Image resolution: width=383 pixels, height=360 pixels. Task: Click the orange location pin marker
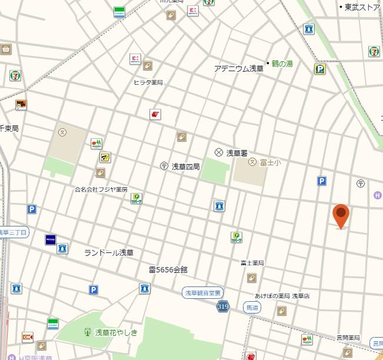(341, 215)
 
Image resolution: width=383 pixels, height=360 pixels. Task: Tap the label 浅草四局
(185, 166)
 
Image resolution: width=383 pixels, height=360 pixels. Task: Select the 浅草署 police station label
(237, 152)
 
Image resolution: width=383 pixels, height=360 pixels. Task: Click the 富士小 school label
(270, 162)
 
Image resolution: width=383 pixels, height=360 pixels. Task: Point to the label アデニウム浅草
(238, 68)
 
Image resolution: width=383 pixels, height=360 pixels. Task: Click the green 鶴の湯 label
(282, 64)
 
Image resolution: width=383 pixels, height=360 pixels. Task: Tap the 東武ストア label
(362, 7)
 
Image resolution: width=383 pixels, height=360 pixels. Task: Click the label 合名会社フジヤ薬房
(101, 189)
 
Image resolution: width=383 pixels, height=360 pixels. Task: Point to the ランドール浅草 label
(109, 252)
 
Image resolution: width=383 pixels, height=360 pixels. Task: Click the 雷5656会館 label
(168, 269)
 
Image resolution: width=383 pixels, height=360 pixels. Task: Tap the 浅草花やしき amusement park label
(116, 332)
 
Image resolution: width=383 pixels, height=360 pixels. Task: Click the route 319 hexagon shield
(222, 306)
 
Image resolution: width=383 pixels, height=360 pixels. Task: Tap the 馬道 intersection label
(252, 307)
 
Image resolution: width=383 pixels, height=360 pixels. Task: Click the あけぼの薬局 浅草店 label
(282, 296)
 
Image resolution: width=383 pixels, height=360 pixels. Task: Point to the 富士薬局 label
(252, 263)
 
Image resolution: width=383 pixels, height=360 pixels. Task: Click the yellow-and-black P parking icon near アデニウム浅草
(320, 69)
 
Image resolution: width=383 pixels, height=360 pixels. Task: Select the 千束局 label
(9, 128)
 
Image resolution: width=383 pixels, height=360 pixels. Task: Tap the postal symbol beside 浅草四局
(163, 166)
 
